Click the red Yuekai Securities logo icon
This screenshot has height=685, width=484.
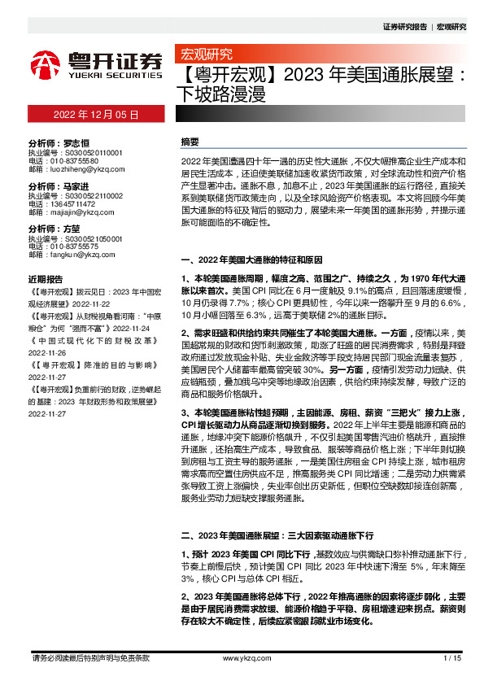click(x=46, y=63)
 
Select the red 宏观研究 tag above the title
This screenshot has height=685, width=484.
click(x=202, y=55)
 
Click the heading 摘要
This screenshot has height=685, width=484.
click(x=190, y=142)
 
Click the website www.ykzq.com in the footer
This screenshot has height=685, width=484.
click(x=242, y=657)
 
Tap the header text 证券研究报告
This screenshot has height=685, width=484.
click(x=404, y=27)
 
